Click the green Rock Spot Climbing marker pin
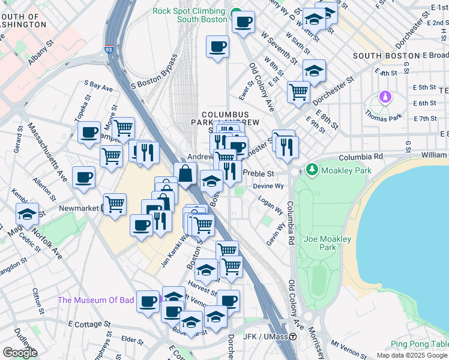click(236, 13)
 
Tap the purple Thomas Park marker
click(385, 97)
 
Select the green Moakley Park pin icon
click(311, 170)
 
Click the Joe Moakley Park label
click(327, 243)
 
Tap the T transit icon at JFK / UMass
click(293, 337)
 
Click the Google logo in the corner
click(20, 353)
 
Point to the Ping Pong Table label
click(419, 344)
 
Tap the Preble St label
click(262, 174)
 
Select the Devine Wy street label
click(268, 187)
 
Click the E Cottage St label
click(91, 323)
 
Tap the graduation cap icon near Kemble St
click(27, 214)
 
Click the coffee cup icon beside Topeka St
click(89, 132)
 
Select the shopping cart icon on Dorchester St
click(298, 92)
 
